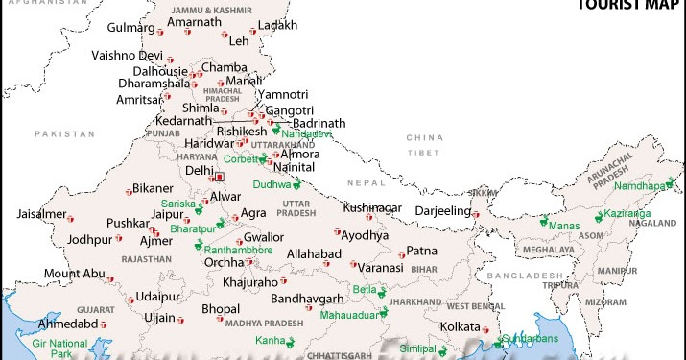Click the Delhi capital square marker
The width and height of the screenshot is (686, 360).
point(220,177)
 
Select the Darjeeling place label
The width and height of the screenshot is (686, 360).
point(442,210)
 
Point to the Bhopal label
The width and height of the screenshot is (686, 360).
point(221,308)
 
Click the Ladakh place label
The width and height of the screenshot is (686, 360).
point(277,24)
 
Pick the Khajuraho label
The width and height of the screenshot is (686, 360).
point(249,282)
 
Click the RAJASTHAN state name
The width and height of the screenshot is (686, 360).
point(147,259)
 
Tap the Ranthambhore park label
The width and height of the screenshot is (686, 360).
point(239,250)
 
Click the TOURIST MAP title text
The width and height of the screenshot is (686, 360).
point(628,5)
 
